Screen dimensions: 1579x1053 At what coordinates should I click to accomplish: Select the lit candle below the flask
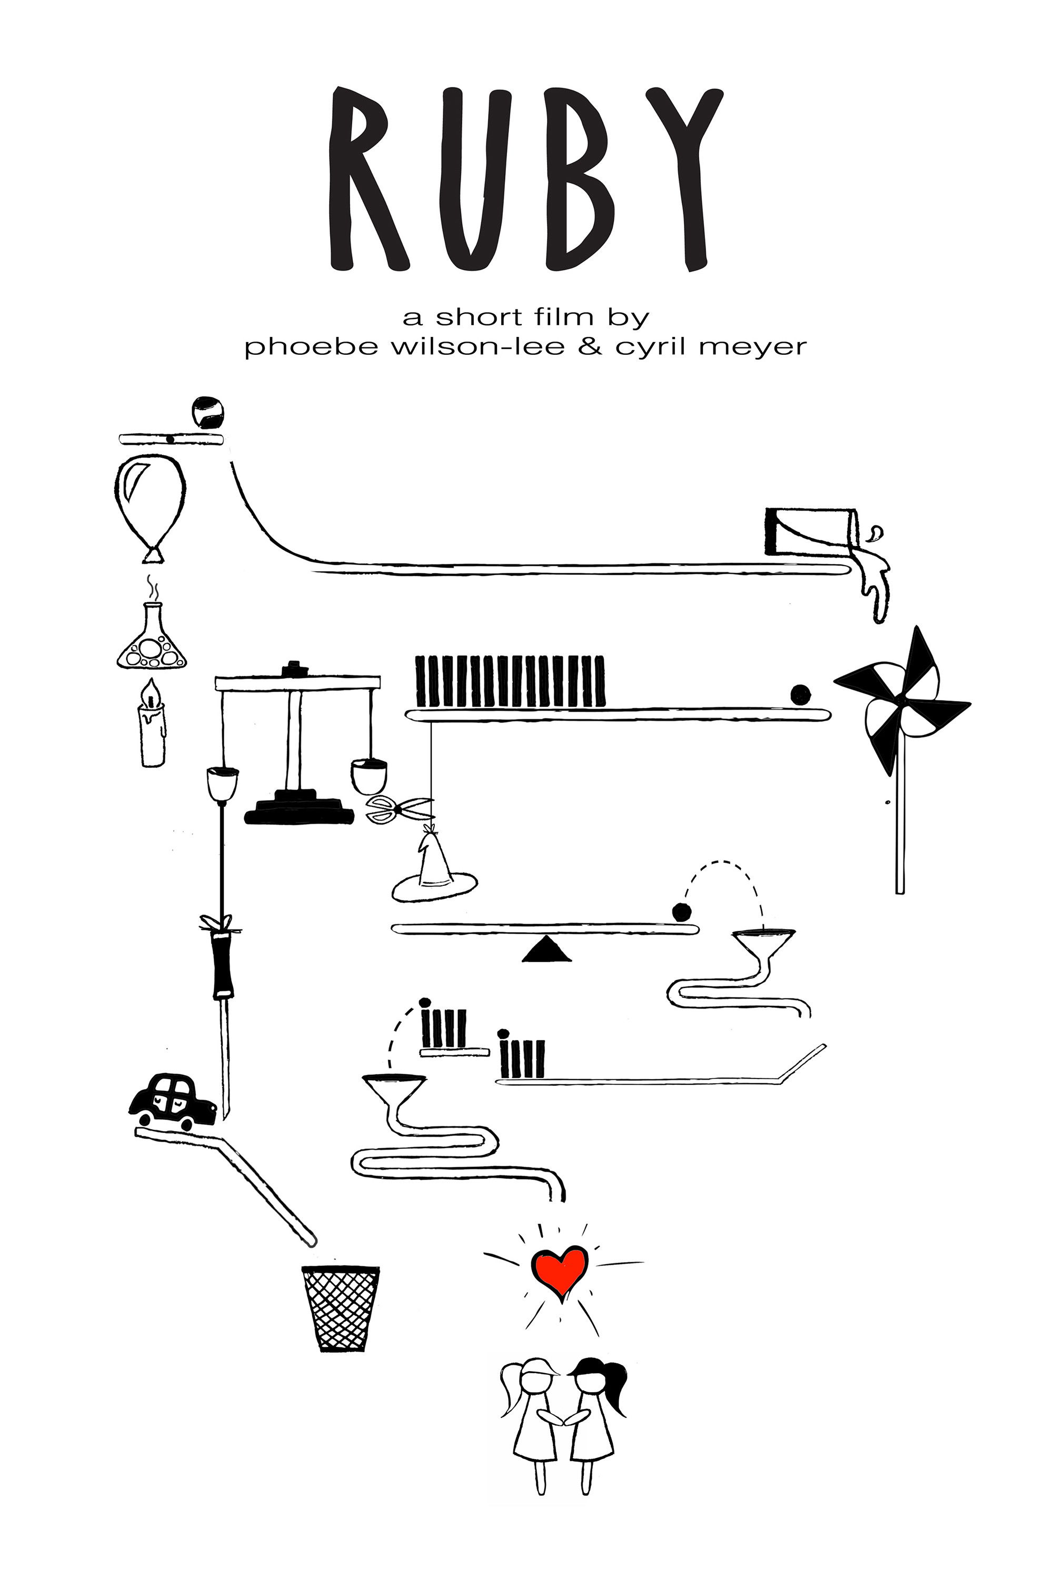point(153,725)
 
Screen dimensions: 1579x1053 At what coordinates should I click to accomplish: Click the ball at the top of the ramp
point(207,412)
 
